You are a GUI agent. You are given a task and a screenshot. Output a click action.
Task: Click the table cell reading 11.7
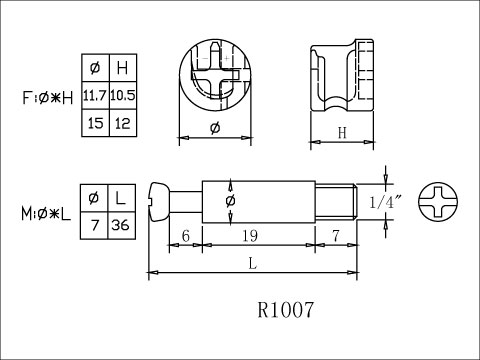coord(96,95)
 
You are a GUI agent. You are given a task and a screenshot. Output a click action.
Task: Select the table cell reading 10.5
coord(123,95)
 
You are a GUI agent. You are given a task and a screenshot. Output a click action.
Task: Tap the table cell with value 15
coord(96,123)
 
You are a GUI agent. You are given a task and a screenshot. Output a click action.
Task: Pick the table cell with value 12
coord(123,123)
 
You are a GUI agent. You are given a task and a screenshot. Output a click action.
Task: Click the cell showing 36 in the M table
coord(122,225)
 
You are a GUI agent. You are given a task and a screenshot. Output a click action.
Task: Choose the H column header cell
coord(123,68)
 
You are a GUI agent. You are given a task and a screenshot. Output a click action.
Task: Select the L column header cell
coord(122,198)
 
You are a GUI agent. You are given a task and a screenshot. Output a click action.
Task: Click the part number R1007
coord(286,310)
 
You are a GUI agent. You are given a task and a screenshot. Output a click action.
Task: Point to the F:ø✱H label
coord(48,98)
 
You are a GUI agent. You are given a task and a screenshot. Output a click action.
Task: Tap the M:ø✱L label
coord(46,214)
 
